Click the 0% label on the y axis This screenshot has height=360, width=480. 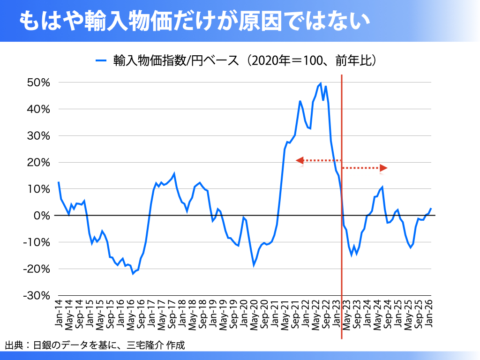pos(42,216)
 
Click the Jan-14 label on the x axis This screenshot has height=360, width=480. pos(59,313)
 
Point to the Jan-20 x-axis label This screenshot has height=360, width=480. pos(244,313)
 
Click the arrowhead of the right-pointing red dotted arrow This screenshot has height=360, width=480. pos(384,167)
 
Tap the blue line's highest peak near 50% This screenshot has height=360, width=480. pos(321,83)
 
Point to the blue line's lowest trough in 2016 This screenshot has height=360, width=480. pos(133,273)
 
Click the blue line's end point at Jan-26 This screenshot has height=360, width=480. pos(431,209)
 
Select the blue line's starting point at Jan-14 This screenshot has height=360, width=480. pos(59,182)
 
